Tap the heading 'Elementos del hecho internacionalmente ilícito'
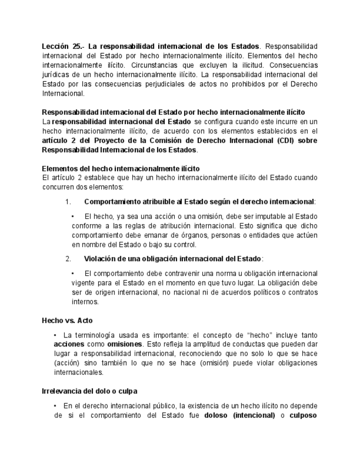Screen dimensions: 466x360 tap(121, 168)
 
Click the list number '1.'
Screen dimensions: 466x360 tap(68, 202)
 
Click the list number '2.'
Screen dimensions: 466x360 tap(68, 258)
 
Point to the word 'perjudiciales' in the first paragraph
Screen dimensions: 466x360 tap(173, 84)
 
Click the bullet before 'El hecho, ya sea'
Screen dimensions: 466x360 tap(73, 217)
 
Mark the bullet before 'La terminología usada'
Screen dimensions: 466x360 tap(56, 335)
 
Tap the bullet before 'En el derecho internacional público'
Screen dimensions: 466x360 tap(56, 406)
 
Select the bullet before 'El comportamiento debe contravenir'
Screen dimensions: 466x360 tap(73, 273)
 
